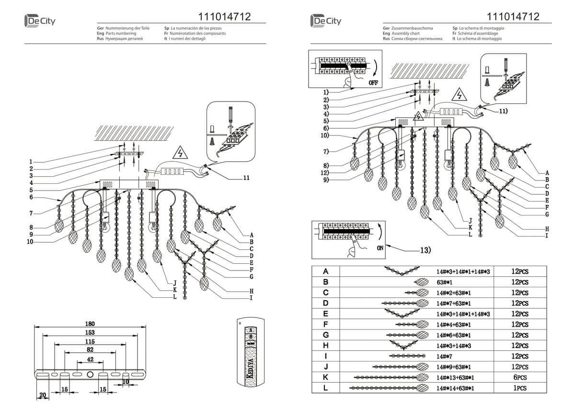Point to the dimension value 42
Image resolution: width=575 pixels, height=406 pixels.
90,359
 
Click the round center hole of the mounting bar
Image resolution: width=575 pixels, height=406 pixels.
90,374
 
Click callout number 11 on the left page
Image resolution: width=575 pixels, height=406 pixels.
246,178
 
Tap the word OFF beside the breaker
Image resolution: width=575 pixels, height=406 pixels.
374,83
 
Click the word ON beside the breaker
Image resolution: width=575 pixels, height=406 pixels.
380,248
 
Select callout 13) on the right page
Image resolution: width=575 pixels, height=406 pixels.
425,249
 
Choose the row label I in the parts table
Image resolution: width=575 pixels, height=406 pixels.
326,356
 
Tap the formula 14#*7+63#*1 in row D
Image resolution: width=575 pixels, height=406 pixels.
453,304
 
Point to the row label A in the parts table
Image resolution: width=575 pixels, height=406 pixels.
326,271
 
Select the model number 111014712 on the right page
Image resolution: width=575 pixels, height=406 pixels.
513,17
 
